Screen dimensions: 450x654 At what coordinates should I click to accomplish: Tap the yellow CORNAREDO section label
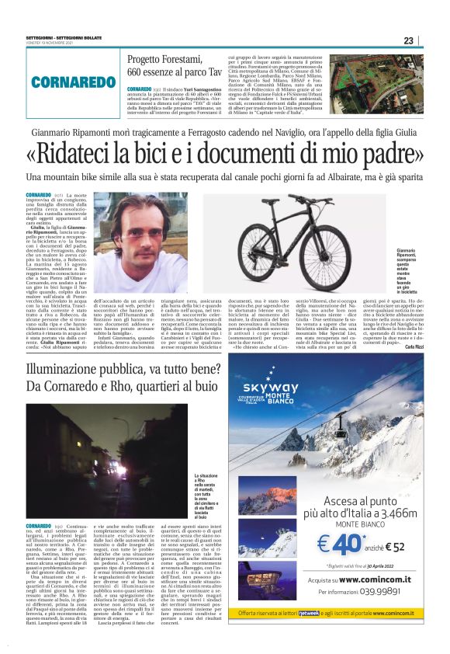[x=64, y=82]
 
